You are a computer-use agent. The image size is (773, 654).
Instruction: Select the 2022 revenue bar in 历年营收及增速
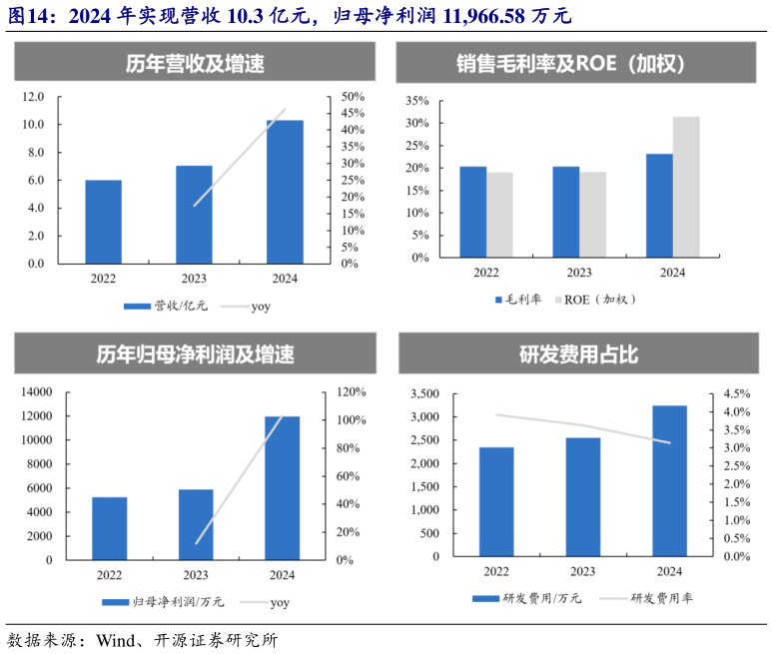click(x=103, y=222)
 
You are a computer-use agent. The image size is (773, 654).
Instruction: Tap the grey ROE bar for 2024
click(x=686, y=187)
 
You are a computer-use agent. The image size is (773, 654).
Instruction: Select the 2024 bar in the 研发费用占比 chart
click(x=669, y=480)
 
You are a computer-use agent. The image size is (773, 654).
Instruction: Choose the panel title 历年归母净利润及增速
click(x=195, y=354)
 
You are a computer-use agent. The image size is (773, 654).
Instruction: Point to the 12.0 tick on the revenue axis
click(x=34, y=97)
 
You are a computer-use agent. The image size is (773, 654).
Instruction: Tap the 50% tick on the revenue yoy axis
click(x=353, y=97)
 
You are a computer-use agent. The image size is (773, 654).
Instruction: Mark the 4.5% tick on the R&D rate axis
click(x=736, y=393)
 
